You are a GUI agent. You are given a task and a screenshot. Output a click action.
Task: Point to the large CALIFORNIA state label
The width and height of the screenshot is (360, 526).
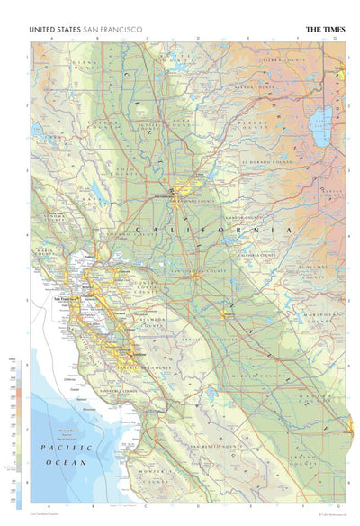[x=212, y=231]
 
